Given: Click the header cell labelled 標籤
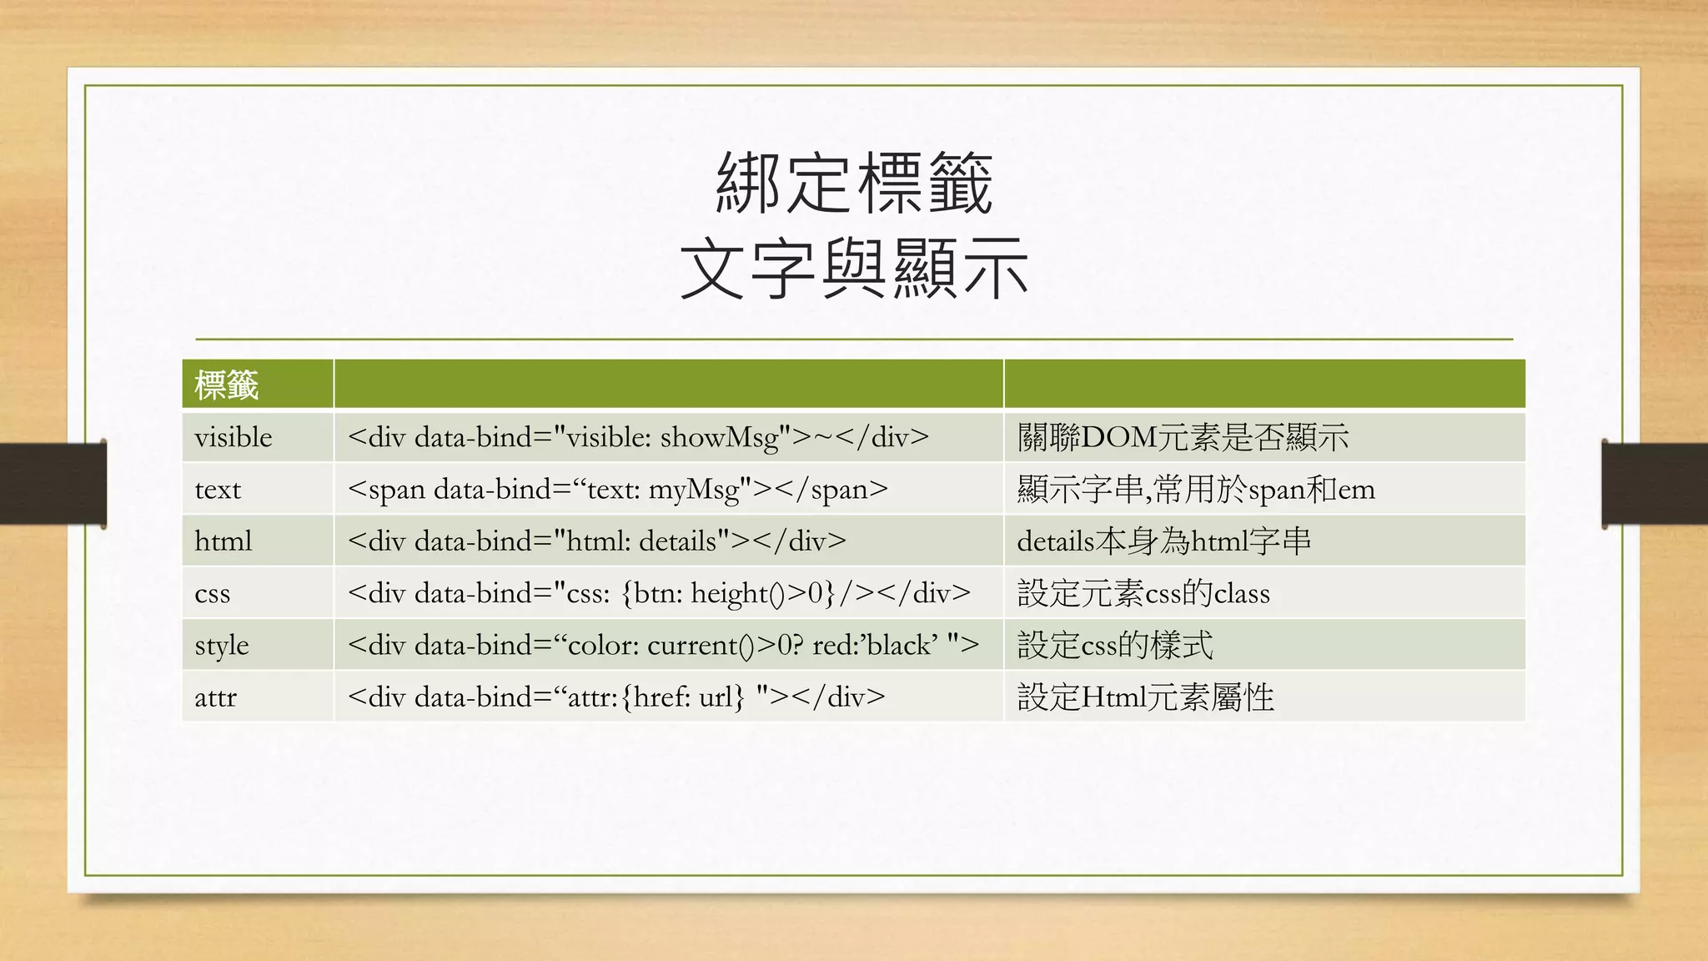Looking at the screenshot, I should [x=226, y=385].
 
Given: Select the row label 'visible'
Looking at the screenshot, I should [x=234, y=437].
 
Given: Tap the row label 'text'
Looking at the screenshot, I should [x=218, y=490].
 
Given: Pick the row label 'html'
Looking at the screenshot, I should [x=223, y=541].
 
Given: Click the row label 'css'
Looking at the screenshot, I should [x=212, y=594].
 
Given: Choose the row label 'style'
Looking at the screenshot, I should [x=222, y=646].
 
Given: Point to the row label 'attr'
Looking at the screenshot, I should [x=215, y=697].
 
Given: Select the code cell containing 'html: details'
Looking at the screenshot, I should [x=597, y=541].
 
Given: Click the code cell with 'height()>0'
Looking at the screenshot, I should [x=659, y=594].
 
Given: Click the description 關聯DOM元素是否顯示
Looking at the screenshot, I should [x=1183, y=437].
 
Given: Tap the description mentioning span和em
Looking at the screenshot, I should [x=1196, y=490].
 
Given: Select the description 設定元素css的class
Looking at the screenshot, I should [x=1143, y=594].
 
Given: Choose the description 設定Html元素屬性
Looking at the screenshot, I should [x=1145, y=697].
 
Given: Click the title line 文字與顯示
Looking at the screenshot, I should [x=854, y=269].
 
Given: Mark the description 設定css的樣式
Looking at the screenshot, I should [x=1115, y=646].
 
